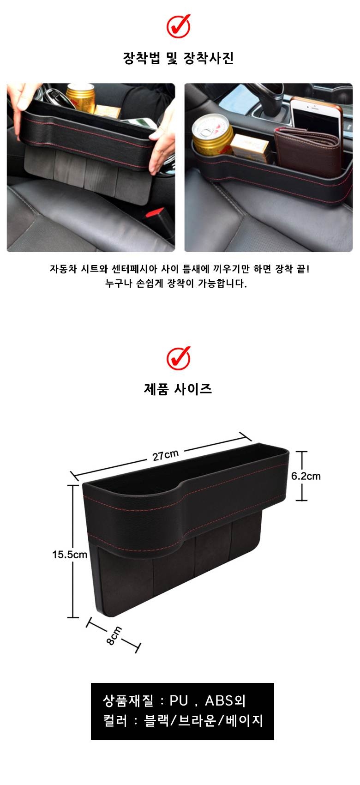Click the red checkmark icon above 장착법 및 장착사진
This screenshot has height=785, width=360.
(179, 26)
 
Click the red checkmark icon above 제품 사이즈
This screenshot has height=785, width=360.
(179, 358)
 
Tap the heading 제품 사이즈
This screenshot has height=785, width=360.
(178, 389)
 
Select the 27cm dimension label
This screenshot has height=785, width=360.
(166, 455)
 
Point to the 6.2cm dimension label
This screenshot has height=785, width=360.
(306, 476)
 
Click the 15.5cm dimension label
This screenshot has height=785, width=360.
(70, 555)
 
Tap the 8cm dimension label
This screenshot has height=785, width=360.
(114, 635)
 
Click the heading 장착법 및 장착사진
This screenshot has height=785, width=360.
(178, 58)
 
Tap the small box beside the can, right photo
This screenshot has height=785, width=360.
(250, 147)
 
